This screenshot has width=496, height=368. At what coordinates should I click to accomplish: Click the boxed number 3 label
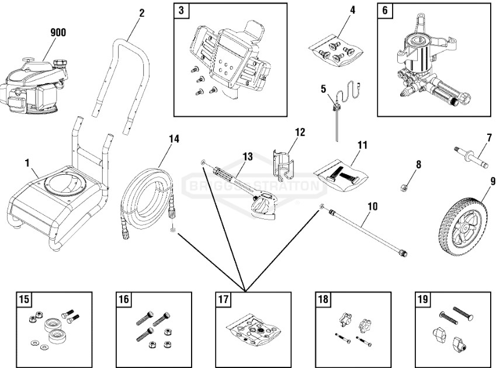point(182,11)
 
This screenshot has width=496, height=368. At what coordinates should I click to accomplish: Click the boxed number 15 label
point(24,300)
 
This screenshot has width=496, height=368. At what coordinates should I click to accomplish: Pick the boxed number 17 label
point(223,300)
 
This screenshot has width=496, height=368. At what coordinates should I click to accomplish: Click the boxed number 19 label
point(422,300)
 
